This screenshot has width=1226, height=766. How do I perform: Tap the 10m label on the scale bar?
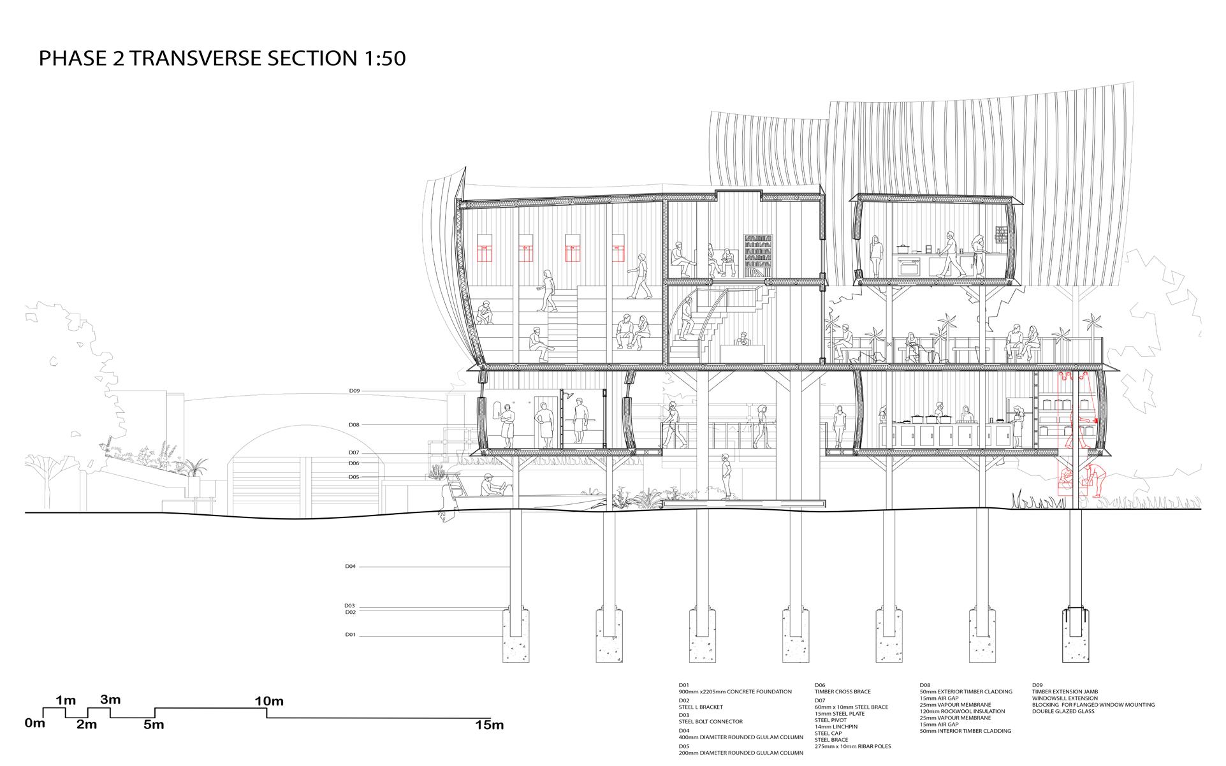point(269,702)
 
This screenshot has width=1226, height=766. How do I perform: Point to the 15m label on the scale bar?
point(489,725)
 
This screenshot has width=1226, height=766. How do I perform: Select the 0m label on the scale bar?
point(35,723)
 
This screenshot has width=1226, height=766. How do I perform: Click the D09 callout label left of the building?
point(354,391)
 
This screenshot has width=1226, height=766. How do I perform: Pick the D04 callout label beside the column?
point(350,566)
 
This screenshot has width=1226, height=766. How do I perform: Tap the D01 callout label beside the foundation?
point(350,635)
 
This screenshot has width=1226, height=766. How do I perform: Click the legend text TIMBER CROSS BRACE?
point(842,691)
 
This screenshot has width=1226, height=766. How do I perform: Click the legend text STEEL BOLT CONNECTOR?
point(710,722)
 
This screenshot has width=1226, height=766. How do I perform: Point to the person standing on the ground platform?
point(726,475)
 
